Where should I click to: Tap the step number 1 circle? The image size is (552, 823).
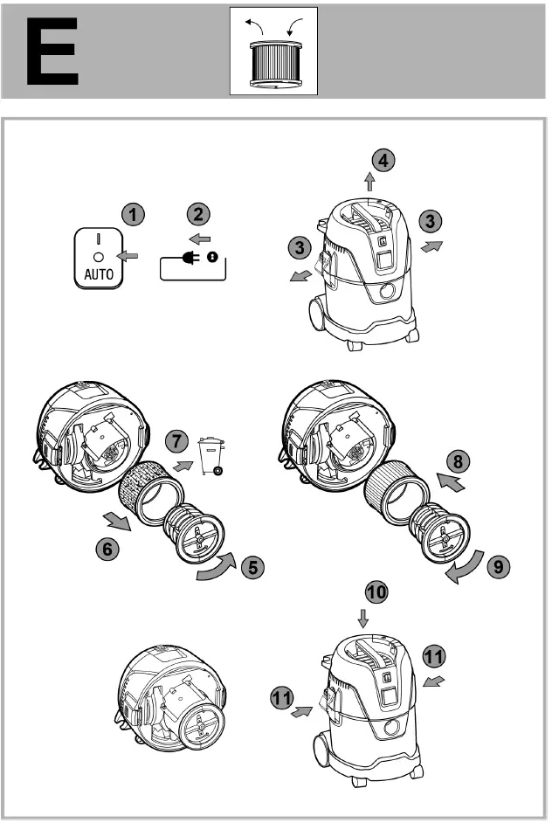[133, 213]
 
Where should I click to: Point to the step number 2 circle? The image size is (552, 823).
[198, 213]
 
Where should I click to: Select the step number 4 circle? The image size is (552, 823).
[382, 160]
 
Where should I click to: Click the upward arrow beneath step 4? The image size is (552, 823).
[369, 182]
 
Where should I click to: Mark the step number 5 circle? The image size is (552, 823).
[253, 566]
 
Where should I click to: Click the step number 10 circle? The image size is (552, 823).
[376, 591]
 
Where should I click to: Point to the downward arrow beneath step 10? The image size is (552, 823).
[364, 619]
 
